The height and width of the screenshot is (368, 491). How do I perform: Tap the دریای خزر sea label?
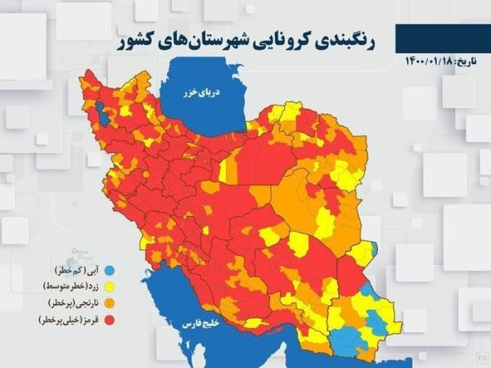click(202, 93)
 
